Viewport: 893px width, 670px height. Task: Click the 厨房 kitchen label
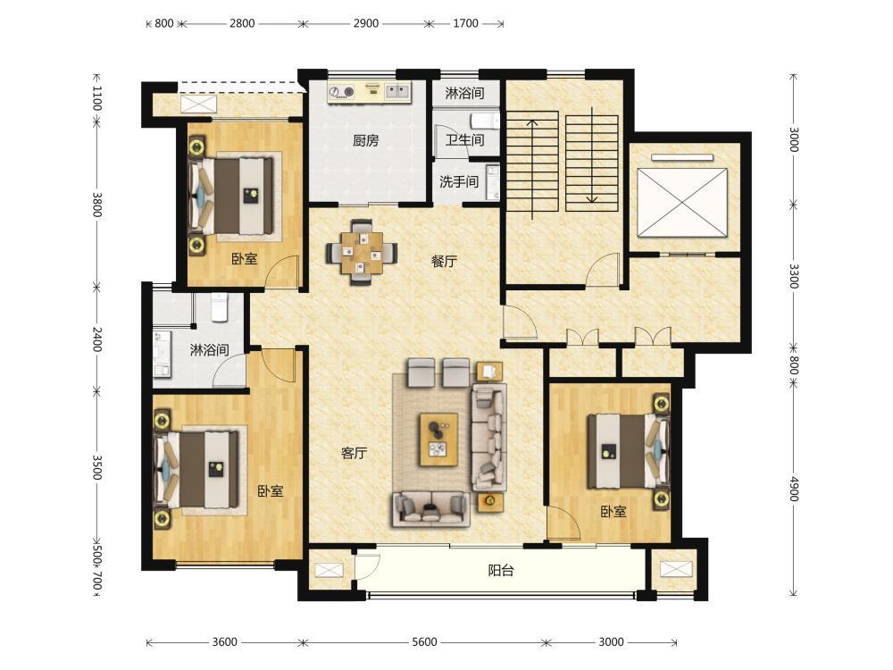[x=365, y=140]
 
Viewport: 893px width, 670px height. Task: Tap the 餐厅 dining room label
[x=444, y=261]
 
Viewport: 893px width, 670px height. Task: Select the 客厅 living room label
[x=354, y=453]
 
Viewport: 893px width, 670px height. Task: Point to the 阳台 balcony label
[x=501, y=570]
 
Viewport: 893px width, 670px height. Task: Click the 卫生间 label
[x=464, y=139]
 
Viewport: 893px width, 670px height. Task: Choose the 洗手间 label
[x=458, y=181]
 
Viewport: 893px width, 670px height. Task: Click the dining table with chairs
[x=362, y=251]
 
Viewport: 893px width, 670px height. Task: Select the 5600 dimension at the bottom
[x=424, y=642]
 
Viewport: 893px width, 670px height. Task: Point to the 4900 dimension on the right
[x=794, y=489]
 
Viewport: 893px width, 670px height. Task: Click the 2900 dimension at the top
[x=365, y=23]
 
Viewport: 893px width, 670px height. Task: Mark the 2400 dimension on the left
[x=96, y=339]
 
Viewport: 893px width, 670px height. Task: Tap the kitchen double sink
[x=397, y=91]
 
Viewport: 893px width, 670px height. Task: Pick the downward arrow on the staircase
[x=592, y=155]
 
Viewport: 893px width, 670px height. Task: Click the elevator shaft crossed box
[x=682, y=202]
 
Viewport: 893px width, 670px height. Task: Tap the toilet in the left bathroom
[x=220, y=307]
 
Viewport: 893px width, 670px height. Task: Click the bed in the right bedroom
[x=627, y=450]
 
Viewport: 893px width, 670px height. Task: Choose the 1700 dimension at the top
[x=465, y=23]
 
